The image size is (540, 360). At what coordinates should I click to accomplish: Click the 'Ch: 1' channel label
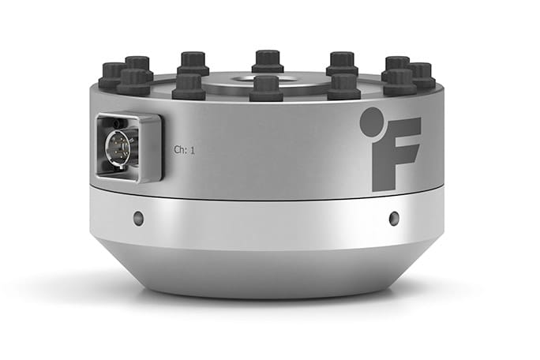[x=184, y=148]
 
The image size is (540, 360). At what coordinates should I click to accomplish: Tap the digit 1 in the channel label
[x=192, y=148]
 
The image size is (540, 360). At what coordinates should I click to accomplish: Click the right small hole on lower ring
[x=394, y=219]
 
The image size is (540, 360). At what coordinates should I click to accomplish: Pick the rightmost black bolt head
[x=421, y=74]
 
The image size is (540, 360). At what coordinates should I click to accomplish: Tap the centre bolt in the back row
[x=268, y=61]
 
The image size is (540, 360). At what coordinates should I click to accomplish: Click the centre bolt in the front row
[x=267, y=88]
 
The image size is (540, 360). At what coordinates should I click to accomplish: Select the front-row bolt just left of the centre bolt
[x=189, y=85]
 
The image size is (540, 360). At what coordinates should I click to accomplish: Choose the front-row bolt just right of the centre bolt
[x=344, y=85]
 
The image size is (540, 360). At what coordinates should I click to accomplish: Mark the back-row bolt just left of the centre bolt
[x=193, y=62]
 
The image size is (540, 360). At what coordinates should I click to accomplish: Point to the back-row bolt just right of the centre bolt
[x=342, y=62]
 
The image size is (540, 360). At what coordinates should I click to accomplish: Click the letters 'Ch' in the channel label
[x=179, y=148]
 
